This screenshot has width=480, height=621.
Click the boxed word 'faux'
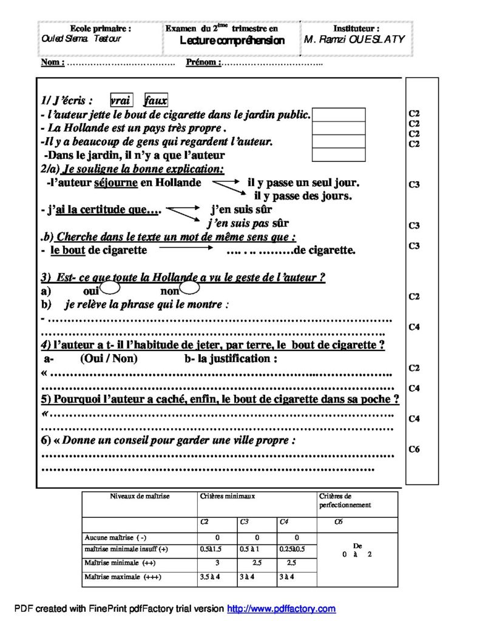(x=156, y=101)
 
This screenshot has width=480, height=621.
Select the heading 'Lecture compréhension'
(x=232, y=41)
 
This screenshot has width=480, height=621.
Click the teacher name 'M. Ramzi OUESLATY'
(x=354, y=39)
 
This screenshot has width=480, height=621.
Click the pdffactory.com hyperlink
(x=281, y=608)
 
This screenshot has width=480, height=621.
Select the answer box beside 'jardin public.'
(x=339, y=115)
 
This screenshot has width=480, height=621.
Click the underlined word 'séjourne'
(x=116, y=183)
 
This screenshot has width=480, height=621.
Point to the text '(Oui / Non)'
(x=109, y=358)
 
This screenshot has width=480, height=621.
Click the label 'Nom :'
(x=52, y=62)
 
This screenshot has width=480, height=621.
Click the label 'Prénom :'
(x=203, y=62)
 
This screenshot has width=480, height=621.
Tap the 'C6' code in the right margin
(x=414, y=449)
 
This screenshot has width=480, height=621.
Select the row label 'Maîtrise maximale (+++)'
(x=119, y=577)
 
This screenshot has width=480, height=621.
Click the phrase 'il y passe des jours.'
(x=303, y=196)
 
